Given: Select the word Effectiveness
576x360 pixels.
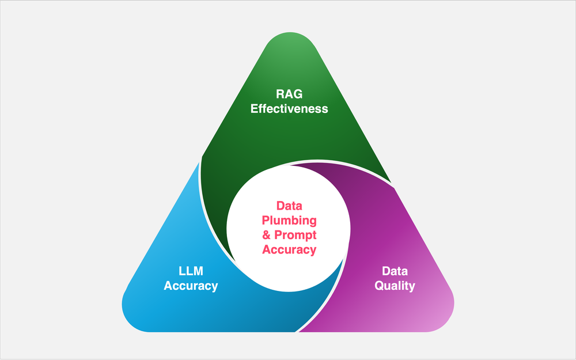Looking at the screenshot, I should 289,108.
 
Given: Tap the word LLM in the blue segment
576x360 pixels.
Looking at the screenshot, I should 191,271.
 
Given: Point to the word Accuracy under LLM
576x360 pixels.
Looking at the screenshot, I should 191,285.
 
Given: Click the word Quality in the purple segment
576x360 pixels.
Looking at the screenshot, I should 395,285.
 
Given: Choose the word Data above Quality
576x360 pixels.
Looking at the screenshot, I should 395,271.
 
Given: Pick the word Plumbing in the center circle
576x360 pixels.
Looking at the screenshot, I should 289,221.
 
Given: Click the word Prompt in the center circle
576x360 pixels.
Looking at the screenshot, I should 295,235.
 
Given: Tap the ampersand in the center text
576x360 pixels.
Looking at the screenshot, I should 267,235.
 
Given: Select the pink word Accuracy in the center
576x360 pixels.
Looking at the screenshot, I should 289,249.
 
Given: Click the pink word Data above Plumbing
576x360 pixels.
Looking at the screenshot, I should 289,206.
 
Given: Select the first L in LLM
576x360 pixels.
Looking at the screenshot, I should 181,271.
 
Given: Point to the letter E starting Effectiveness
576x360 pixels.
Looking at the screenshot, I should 254,108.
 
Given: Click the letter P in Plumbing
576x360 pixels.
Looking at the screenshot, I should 266,221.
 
